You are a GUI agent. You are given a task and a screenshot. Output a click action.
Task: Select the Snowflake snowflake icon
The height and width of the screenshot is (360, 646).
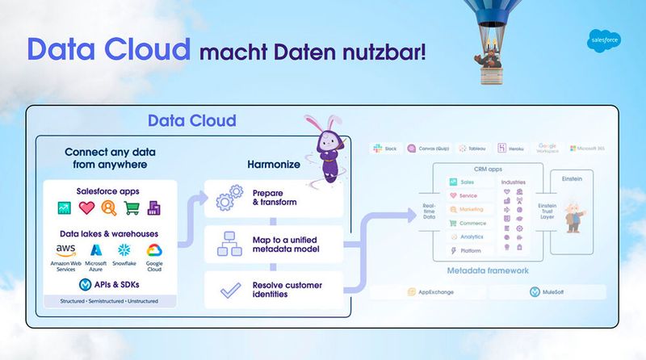pos(123,249)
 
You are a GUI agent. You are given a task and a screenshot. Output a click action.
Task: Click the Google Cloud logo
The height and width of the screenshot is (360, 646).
pos(154,249)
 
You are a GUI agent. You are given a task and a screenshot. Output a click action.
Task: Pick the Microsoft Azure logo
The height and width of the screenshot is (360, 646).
pos(95,249)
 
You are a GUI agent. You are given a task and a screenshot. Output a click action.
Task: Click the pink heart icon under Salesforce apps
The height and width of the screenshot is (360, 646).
pos(87,208)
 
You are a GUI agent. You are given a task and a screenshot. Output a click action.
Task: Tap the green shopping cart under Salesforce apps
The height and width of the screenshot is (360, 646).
pos(131,208)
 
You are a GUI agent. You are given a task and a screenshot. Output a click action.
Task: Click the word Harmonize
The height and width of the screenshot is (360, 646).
pos(273,165)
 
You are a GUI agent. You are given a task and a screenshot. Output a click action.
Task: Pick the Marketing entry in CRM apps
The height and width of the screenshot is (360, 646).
pos(470,209)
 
